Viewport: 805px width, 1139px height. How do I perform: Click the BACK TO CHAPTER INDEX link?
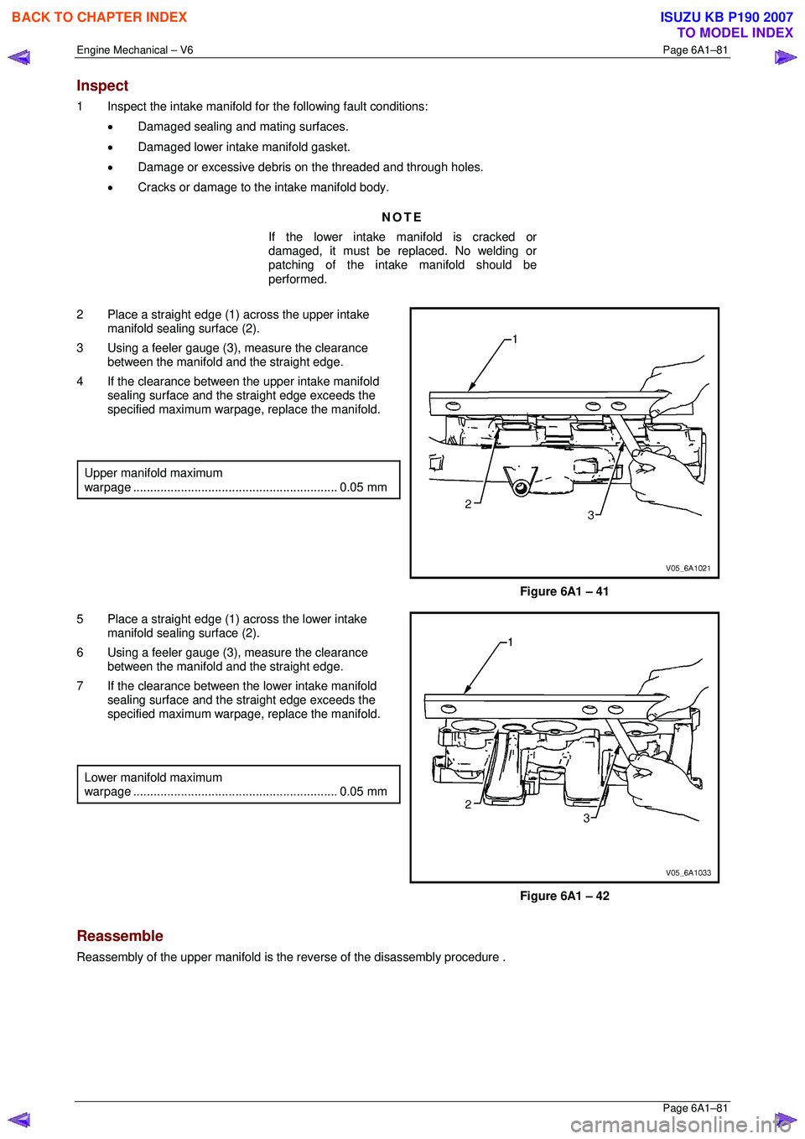point(99,17)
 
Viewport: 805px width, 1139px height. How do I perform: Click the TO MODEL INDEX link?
point(735,33)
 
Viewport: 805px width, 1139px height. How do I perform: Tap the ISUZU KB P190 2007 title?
point(726,17)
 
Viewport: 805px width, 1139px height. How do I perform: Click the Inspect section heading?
point(102,86)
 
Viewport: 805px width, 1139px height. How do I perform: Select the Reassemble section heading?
point(120,936)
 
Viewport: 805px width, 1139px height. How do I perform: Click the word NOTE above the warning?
point(402,217)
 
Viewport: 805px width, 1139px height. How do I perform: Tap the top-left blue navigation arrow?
point(19,57)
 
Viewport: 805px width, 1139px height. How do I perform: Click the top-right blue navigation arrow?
point(785,57)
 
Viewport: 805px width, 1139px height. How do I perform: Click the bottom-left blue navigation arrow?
point(19,1120)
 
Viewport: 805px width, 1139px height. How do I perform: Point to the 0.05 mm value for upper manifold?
point(363,487)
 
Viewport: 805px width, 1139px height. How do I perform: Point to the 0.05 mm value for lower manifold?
point(363,792)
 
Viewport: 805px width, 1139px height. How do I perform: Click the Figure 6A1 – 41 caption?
point(564,591)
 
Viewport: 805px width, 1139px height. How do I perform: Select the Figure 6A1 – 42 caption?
point(564,896)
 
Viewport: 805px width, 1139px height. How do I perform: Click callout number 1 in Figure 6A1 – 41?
point(515,339)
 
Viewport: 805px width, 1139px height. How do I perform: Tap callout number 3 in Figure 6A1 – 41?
point(590,515)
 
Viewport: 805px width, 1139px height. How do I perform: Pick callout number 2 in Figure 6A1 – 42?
point(468,804)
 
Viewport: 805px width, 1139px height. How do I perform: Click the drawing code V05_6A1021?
point(688,568)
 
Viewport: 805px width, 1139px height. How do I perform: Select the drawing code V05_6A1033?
point(688,872)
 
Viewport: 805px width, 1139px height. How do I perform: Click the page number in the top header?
point(695,49)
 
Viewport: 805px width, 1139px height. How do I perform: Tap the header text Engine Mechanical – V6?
point(135,49)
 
